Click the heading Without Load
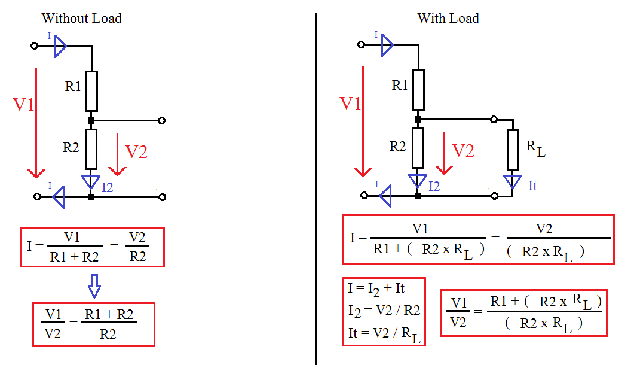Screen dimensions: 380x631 pyautogui.click(x=82, y=18)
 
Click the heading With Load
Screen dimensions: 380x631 pyautogui.click(x=448, y=18)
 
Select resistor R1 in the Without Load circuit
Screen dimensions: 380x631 pyautogui.click(x=91, y=91)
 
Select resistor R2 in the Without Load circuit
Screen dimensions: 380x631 pyautogui.click(x=91, y=149)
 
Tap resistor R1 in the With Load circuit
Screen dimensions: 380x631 pyautogui.click(x=418, y=90)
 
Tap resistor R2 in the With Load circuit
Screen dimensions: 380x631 pyautogui.click(x=418, y=148)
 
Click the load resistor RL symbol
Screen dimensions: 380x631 pyautogui.click(x=512, y=150)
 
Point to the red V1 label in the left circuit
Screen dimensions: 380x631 pyautogui.click(x=24, y=105)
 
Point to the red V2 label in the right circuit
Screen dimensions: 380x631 pyautogui.click(x=463, y=150)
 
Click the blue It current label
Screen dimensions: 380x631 pyautogui.click(x=532, y=186)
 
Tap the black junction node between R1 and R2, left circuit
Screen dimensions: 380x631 pyautogui.click(x=91, y=120)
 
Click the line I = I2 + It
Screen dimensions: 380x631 pyautogui.click(x=376, y=288)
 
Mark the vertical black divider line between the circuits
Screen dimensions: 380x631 pyautogui.click(x=316, y=191)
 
